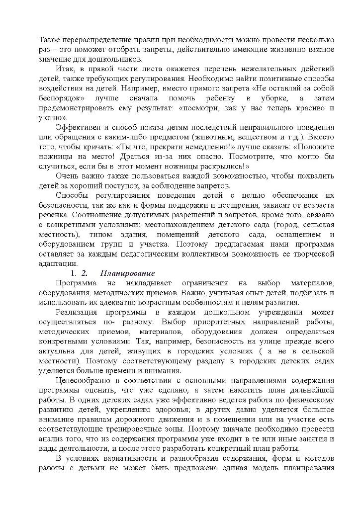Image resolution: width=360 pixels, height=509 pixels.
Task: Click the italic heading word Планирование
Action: [x=128, y=273]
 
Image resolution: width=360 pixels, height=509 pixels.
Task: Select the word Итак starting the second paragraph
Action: [x=65, y=68]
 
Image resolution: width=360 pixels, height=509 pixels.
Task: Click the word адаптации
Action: [x=58, y=263]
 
